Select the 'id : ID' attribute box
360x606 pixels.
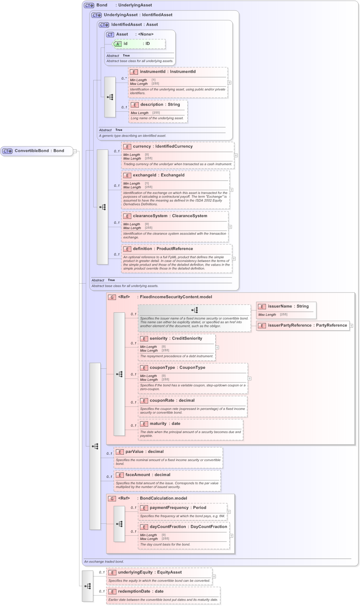pos(139,44)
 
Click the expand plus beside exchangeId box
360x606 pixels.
pos(231,190)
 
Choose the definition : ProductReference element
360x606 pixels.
pos(163,249)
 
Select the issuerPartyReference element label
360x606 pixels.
pos(307,325)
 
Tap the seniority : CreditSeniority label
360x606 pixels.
pos(176,338)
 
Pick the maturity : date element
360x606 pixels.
pos(165,424)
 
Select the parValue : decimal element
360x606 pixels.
pos(144,452)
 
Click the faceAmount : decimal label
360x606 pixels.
pos(148,475)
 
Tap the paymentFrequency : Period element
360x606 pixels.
pos(178,508)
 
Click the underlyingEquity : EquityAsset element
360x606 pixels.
pos(150,572)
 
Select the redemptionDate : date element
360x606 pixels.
pos(141,591)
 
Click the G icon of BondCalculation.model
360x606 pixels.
pos(112,499)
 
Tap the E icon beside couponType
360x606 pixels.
pos(144,368)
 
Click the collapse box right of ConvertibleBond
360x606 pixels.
pos(75,151)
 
